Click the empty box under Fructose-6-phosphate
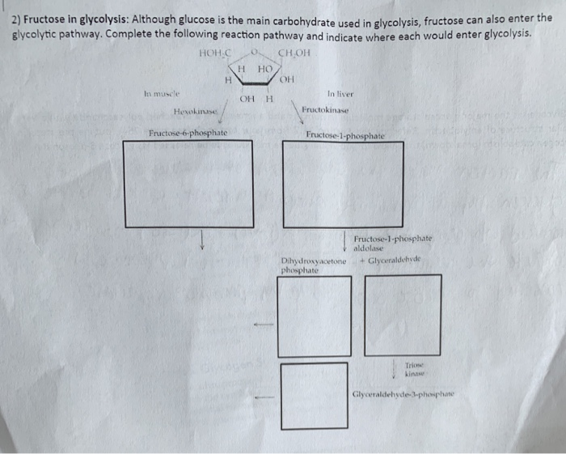coord(187,184)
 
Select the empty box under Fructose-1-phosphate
coord(344,184)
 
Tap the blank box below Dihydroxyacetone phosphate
coord(315,316)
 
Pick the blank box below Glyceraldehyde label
coord(403,315)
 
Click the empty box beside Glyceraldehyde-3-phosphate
coord(315,396)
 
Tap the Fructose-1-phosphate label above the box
coord(345,135)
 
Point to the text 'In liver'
coord(340,93)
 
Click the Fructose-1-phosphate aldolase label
coord(393,244)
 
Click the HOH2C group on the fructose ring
coord(215,54)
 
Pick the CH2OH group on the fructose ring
coord(294,54)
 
